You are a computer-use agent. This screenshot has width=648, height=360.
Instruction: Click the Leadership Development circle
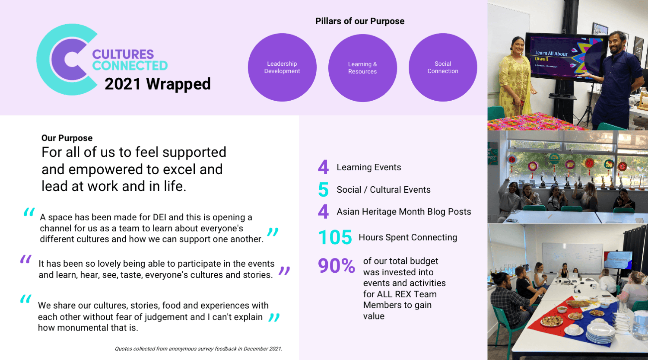282,67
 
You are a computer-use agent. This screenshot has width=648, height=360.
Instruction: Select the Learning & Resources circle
362,68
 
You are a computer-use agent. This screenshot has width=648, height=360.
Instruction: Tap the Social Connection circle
443,67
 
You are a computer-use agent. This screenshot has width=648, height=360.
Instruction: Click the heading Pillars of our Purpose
359,21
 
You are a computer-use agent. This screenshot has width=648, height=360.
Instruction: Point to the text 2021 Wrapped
158,84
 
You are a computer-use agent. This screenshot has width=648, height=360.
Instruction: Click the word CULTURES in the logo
123,54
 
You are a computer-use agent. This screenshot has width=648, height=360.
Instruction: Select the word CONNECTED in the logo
130,65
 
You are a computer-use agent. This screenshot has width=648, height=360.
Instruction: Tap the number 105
335,237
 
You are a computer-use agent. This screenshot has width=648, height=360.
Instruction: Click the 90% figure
337,265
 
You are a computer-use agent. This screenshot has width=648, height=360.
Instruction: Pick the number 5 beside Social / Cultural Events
324,190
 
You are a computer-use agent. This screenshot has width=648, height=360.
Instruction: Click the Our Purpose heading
67,138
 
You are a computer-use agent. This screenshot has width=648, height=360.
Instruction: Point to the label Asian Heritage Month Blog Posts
404,211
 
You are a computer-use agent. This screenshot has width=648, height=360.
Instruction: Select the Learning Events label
369,167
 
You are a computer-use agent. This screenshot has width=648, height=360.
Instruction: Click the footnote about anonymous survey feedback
198,349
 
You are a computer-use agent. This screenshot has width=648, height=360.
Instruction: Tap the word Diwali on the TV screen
542,59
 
